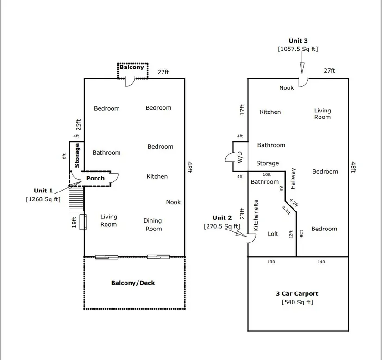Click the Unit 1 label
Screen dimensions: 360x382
click(44, 191)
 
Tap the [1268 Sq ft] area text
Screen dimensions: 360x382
click(43, 199)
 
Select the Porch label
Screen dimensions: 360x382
click(95, 178)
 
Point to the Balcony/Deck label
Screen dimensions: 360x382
click(133, 283)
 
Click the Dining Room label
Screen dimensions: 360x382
click(153, 225)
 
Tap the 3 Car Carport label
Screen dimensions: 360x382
click(297, 293)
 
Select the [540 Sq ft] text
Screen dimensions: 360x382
click(297, 302)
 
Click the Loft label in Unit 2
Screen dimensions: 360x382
click(273, 234)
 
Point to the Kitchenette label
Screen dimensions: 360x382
click(256, 215)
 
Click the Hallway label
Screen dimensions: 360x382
click(293, 179)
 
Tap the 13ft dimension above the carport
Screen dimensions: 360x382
click(271, 262)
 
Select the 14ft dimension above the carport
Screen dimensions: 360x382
click(321, 262)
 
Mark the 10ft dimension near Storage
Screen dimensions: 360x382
click(267, 174)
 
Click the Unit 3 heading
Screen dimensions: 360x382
click(298, 41)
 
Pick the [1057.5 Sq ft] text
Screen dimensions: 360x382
click(298, 49)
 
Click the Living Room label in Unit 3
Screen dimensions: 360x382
click(323, 114)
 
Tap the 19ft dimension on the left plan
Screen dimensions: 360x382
click(74, 222)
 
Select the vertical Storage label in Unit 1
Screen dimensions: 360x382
click(77, 155)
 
